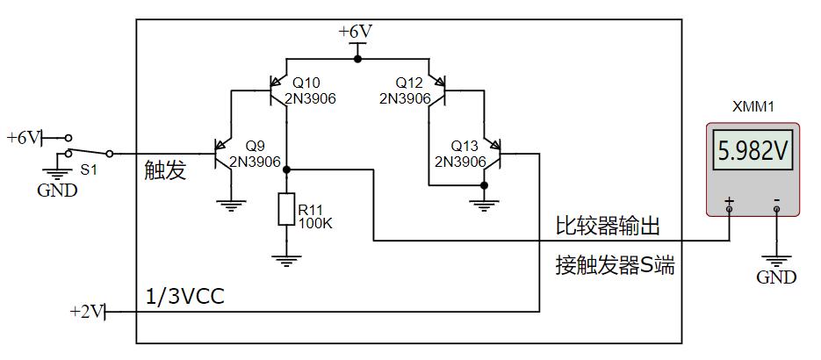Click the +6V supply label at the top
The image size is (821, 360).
point(356,32)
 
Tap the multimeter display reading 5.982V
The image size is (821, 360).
point(754,151)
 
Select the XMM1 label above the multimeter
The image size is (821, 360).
point(753,107)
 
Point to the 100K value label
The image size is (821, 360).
point(315,223)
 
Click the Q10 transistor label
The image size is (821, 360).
point(306,83)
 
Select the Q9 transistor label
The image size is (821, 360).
point(255,146)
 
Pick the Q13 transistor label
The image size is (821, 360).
point(465,146)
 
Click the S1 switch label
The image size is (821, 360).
point(88,169)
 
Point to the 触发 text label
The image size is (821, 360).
point(165,170)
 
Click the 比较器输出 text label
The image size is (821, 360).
point(607,227)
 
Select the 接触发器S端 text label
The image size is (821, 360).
point(615,265)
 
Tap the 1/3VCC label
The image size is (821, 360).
point(184,297)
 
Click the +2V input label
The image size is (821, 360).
point(86,311)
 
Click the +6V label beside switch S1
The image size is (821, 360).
point(23,138)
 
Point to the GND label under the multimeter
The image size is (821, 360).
point(776,277)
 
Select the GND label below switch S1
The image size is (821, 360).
point(57,190)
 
